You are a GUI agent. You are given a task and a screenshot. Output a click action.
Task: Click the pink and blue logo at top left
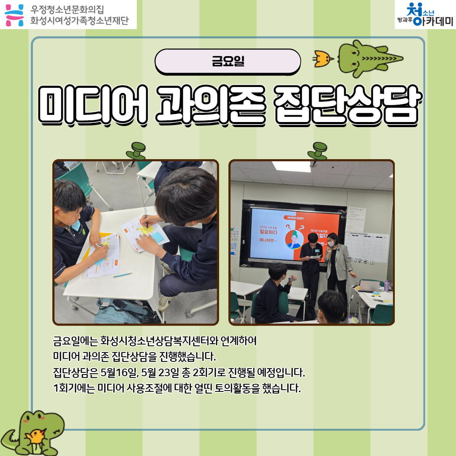(14, 14)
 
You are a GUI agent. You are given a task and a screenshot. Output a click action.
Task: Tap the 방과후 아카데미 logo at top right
(424, 15)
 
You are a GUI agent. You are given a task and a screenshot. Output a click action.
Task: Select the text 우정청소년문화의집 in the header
(67, 9)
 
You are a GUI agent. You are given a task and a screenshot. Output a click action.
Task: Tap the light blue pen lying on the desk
(122, 275)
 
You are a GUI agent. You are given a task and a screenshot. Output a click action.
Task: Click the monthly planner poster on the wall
(366, 247)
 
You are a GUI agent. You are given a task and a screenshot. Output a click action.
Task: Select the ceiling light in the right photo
(291, 166)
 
